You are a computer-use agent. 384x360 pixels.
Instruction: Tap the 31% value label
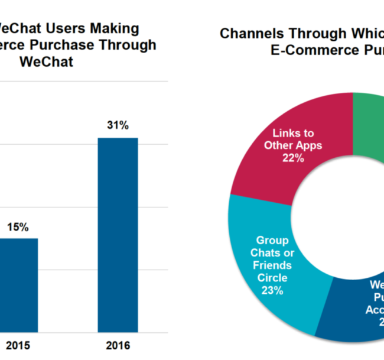point(118,125)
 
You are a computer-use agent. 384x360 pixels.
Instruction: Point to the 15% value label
point(18,227)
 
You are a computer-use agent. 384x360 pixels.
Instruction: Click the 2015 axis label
point(16,346)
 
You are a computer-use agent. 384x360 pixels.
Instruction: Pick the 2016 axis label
point(118,346)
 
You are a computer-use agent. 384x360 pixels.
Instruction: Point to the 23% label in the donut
point(272,290)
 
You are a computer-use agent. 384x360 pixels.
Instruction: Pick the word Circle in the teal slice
point(272,278)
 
